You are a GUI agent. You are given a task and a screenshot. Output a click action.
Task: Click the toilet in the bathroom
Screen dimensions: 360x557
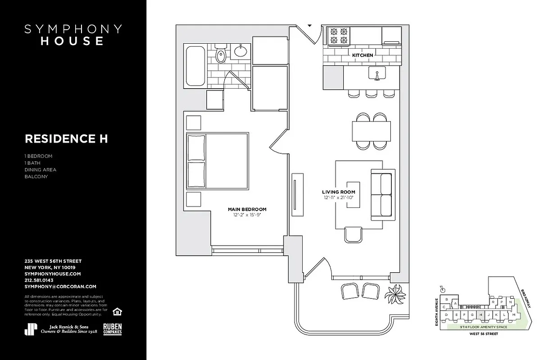[x=221, y=55]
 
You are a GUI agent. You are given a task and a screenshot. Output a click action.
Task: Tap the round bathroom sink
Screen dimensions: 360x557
[x=239, y=50]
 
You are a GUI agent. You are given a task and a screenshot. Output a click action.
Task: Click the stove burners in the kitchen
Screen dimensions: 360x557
[x=340, y=36]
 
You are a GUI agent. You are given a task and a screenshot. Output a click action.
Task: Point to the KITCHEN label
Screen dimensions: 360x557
[x=362, y=55]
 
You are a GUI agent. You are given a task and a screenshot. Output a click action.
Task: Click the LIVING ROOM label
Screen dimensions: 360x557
[x=338, y=192]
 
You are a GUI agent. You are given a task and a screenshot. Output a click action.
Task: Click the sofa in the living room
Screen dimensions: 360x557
[x=383, y=195]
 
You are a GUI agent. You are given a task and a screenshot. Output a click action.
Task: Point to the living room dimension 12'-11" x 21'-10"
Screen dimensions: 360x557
[x=338, y=198]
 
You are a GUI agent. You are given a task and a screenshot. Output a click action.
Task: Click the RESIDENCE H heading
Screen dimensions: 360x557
[x=66, y=139]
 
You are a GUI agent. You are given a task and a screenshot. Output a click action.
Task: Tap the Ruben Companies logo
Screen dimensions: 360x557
[x=113, y=329]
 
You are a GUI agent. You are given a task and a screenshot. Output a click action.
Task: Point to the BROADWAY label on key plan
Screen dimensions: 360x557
[x=526, y=298]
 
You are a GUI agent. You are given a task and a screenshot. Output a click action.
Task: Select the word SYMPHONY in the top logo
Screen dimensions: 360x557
[x=72, y=29]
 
